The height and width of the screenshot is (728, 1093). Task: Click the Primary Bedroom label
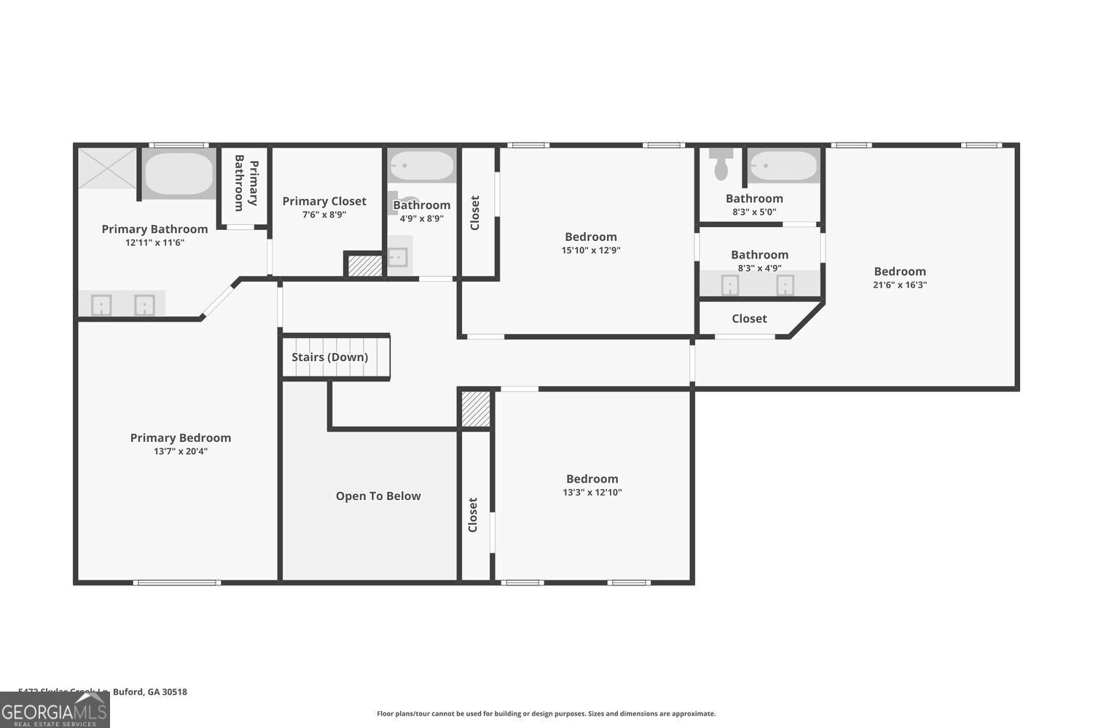click(x=181, y=438)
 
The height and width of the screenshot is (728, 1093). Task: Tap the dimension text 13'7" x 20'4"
click(x=181, y=451)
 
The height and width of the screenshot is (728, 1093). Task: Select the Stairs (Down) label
click(x=329, y=357)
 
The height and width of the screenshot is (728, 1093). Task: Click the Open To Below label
click(x=378, y=496)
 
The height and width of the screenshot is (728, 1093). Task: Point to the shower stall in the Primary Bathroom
click(x=107, y=168)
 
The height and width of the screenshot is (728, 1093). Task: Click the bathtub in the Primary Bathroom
click(x=179, y=173)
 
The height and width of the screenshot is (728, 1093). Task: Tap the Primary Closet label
click(x=324, y=201)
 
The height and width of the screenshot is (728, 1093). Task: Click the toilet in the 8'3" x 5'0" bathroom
click(x=721, y=165)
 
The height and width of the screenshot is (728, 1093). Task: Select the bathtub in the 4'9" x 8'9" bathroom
click(x=421, y=166)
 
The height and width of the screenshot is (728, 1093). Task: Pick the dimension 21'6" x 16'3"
click(x=900, y=285)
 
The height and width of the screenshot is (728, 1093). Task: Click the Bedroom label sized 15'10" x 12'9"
click(x=591, y=237)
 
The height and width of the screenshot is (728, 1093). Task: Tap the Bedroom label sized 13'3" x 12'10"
click(x=592, y=478)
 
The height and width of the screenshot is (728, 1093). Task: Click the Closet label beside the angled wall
click(x=749, y=318)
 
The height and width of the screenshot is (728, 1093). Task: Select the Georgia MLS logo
click(x=55, y=710)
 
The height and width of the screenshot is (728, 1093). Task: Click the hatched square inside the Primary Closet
click(x=364, y=265)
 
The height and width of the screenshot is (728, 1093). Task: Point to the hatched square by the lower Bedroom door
click(x=476, y=409)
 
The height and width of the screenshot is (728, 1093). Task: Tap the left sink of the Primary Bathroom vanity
click(x=101, y=304)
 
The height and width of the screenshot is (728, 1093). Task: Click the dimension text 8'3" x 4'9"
click(x=760, y=268)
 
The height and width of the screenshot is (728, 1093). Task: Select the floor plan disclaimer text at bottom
click(x=546, y=713)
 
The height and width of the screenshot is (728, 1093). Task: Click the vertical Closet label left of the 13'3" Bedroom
click(x=473, y=515)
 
